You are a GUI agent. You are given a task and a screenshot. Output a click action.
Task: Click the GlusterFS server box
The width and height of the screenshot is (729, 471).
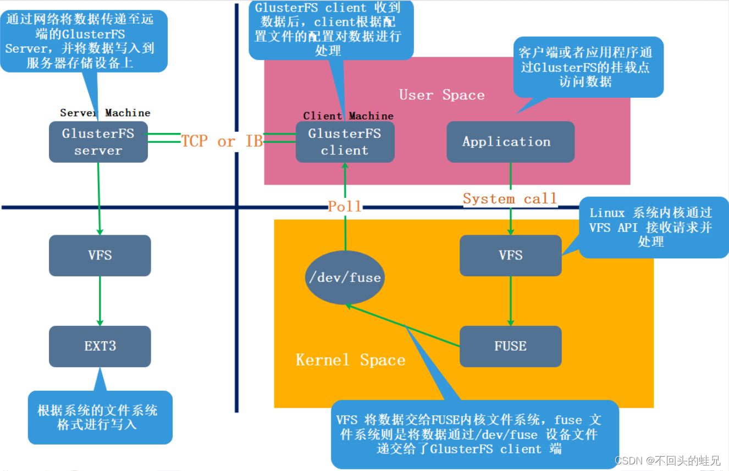(x=98, y=142)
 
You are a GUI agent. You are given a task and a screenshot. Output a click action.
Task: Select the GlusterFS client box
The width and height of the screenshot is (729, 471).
(x=345, y=142)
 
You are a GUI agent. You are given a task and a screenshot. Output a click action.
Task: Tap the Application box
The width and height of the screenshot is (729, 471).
(x=510, y=142)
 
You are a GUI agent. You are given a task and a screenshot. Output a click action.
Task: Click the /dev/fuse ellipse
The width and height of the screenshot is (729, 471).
(x=345, y=278)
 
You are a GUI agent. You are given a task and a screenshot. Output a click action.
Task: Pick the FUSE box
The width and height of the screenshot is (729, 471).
(x=510, y=346)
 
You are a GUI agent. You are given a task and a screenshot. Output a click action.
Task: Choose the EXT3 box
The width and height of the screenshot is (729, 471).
(x=100, y=346)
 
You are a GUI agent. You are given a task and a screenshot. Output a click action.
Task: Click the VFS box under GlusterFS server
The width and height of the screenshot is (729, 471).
(x=100, y=256)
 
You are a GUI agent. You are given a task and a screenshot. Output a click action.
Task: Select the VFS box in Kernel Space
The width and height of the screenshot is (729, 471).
(x=510, y=256)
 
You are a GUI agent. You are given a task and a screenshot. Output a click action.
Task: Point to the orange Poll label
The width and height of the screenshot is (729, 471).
(x=345, y=207)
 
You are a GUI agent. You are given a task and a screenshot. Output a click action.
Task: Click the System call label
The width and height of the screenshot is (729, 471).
(x=510, y=199)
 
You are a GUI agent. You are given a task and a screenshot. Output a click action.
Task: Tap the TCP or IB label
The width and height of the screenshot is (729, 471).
(x=222, y=142)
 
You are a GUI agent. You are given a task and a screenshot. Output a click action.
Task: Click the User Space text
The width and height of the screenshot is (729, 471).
(x=441, y=95)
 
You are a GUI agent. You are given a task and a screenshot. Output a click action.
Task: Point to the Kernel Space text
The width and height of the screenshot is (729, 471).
(x=350, y=361)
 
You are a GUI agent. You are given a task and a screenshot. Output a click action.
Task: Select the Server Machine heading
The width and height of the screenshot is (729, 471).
(x=105, y=113)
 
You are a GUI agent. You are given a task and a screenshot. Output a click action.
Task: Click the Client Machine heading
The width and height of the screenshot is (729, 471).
(x=348, y=116)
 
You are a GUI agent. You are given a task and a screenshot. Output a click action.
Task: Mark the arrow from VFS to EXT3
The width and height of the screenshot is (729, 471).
(x=100, y=301)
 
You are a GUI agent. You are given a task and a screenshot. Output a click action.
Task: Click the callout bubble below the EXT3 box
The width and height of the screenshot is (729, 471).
(x=100, y=417)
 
